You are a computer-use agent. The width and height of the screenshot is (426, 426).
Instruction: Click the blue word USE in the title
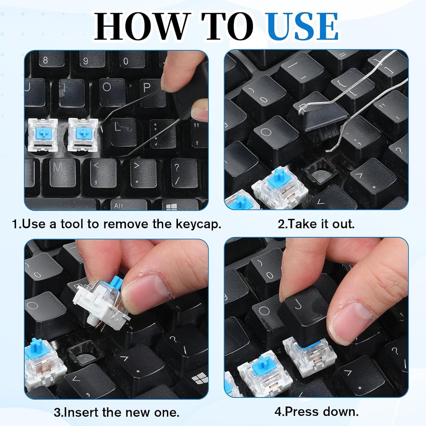pyautogui.click(x=302, y=26)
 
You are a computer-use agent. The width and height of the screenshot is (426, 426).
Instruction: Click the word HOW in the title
pyautogui.click(x=141, y=26)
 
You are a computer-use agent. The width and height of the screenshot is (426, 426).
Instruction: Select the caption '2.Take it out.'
pyautogui.click(x=316, y=224)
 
